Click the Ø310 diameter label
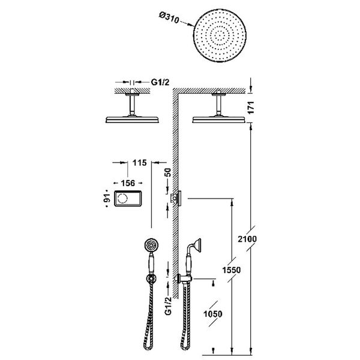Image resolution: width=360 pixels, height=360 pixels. pyautogui.click(x=169, y=17)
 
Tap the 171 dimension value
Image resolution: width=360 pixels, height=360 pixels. pyautogui.click(x=251, y=107)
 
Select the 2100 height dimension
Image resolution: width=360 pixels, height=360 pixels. pyautogui.click(x=247, y=239)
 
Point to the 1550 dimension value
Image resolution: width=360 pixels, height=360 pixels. pyautogui.click(x=232, y=270)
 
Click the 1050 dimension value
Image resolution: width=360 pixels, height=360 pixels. pyautogui.click(x=213, y=314)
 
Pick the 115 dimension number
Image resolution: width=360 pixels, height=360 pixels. pyautogui.click(x=140, y=163)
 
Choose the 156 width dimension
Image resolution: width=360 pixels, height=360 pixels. pyautogui.click(x=128, y=183)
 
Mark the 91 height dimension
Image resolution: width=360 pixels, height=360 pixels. pyautogui.click(x=107, y=198)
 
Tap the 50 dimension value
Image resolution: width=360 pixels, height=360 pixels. pyautogui.click(x=168, y=172)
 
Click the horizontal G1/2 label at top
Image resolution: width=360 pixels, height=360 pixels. pyautogui.click(x=160, y=82)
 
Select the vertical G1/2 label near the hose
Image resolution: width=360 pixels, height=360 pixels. pyautogui.click(x=168, y=306)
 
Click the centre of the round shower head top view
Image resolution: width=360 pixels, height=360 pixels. pyautogui.click(x=220, y=35)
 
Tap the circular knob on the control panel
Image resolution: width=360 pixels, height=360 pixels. pyautogui.click(x=122, y=199)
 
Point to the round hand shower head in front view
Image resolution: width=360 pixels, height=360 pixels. pyautogui.click(x=152, y=245)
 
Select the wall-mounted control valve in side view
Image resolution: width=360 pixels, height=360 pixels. pyautogui.click(x=176, y=197)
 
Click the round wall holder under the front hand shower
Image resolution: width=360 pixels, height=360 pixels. pyautogui.click(x=151, y=279)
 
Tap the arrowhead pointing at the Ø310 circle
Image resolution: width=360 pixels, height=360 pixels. pyautogui.click(x=191, y=25)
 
